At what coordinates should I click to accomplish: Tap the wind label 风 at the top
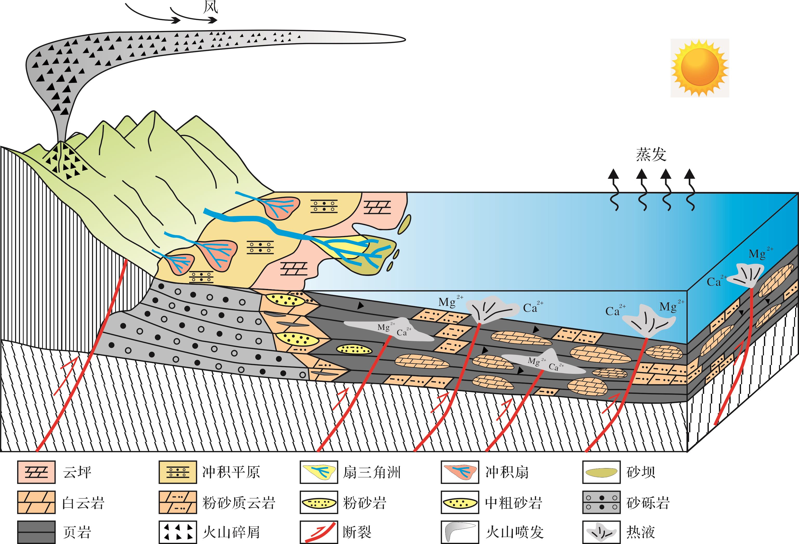point(211,7)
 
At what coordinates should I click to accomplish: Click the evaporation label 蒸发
point(651,155)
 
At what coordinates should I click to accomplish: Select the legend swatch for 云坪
point(36,472)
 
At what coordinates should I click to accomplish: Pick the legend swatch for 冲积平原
point(178,472)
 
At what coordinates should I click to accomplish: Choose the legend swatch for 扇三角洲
point(319,472)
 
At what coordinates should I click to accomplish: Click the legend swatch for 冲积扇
point(460,472)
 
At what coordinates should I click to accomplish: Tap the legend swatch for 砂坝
point(601,472)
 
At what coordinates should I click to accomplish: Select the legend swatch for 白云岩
point(36,502)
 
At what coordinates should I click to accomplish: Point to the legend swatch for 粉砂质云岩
point(178,502)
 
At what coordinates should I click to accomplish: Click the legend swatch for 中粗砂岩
point(460,502)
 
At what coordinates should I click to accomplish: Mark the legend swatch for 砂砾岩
point(601,502)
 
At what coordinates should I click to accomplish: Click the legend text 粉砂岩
point(364,503)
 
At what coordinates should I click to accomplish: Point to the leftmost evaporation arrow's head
point(613,174)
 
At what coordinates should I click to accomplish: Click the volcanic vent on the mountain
point(61,142)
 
